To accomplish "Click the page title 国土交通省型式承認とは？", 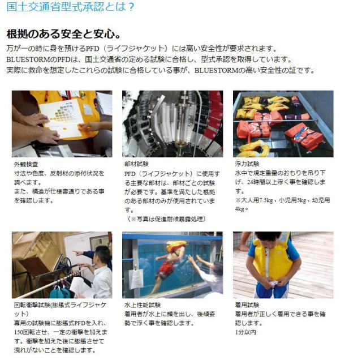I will pos(71,7).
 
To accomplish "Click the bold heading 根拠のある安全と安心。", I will pos(63,33).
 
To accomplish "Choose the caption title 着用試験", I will pos(246,305).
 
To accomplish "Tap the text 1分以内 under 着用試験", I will pos(245,332).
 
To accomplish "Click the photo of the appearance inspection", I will pos(62,123).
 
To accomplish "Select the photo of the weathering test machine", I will pos(172,123).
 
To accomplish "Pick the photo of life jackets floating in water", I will pos(283,123).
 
